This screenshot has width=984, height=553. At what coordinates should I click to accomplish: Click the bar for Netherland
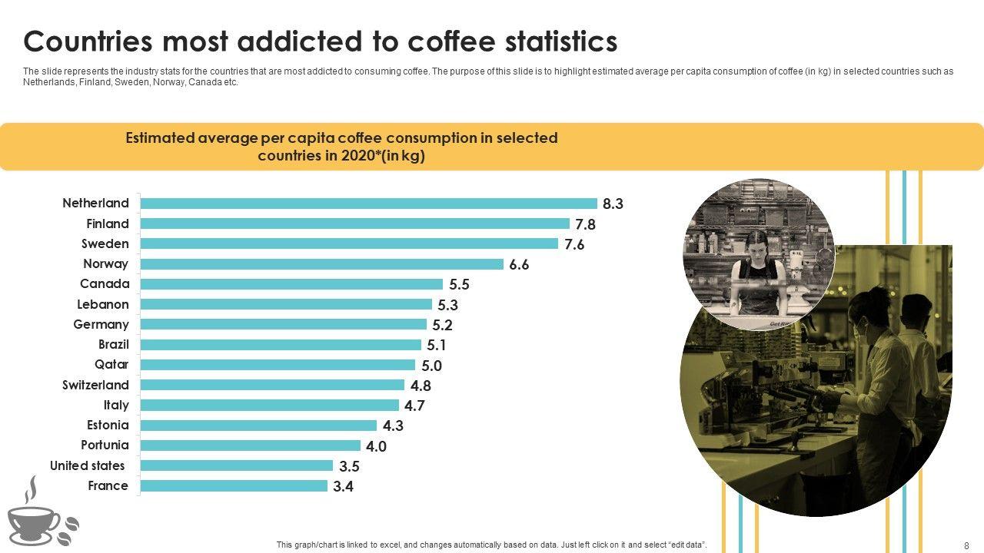click(369, 204)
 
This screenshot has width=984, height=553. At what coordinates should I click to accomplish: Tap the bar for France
click(234, 485)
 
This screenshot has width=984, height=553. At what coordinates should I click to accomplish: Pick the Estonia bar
click(258, 426)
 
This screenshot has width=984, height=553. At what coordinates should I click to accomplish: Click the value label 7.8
click(586, 224)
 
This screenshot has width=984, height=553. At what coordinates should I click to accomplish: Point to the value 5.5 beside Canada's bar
click(459, 284)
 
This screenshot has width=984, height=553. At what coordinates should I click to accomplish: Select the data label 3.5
click(350, 465)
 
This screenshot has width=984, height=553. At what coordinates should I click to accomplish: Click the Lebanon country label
click(103, 304)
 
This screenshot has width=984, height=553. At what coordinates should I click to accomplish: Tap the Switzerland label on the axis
click(95, 385)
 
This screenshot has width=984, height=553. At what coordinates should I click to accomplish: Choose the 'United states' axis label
click(87, 465)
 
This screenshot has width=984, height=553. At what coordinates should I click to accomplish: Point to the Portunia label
click(105, 445)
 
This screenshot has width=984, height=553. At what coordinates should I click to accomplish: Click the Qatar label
click(111, 364)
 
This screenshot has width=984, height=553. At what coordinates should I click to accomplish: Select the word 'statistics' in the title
click(545, 41)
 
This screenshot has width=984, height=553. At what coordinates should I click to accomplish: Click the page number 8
click(966, 545)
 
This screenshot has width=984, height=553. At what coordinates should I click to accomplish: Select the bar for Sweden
click(349, 243)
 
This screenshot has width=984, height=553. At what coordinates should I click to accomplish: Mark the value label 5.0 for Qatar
click(432, 366)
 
